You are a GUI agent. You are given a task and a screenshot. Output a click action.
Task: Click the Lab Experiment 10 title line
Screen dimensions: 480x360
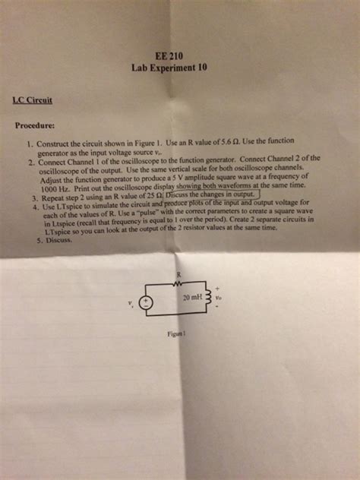click(x=169, y=67)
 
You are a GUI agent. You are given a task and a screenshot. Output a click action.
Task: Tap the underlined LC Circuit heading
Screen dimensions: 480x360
click(x=32, y=99)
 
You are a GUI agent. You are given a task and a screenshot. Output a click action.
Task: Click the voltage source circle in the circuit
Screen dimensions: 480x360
click(x=149, y=301)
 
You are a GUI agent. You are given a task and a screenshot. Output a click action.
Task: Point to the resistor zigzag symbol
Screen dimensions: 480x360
click(x=178, y=285)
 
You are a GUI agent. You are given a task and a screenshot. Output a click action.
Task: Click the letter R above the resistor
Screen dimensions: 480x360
click(x=178, y=275)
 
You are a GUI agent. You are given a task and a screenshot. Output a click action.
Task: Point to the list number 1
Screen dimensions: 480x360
click(x=28, y=144)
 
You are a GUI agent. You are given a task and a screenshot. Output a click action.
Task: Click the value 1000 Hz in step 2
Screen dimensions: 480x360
click(x=58, y=188)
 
